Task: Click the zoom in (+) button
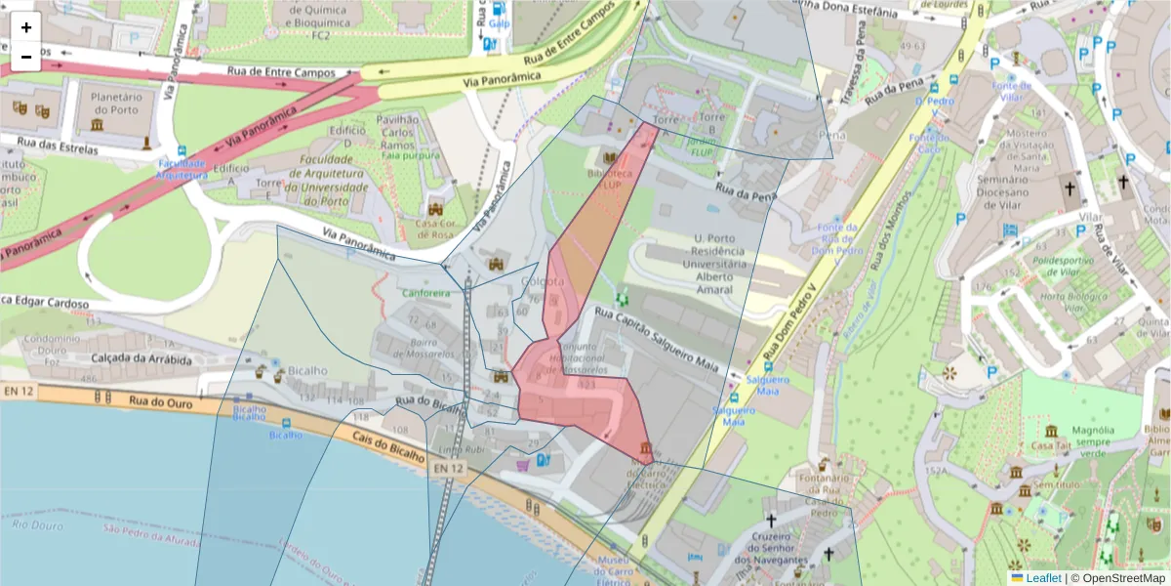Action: pos(26,27)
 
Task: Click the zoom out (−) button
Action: pos(26,57)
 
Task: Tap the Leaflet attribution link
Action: pos(1042,578)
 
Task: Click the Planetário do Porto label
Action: pos(116,104)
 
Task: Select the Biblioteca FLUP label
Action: pos(611,178)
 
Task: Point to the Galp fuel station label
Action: pos(500,22)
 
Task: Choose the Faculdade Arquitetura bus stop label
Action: pos(182,169)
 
